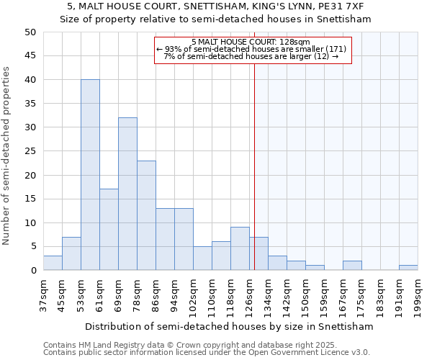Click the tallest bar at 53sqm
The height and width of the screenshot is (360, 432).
point(90,175)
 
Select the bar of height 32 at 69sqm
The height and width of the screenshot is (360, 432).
point(127,194)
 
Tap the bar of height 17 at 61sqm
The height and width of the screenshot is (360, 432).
point(109,230)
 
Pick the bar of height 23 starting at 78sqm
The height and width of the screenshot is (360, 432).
point(146,215)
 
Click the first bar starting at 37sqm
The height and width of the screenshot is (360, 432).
point(53,263)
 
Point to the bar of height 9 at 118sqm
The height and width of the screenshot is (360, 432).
point(240,249)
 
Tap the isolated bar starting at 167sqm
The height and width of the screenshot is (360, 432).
point(352,266)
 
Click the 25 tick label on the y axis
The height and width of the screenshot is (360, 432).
point(30,151)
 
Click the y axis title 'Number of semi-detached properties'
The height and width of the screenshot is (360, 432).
point(7,155)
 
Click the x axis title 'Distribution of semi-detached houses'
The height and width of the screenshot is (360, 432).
point(229,326)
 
